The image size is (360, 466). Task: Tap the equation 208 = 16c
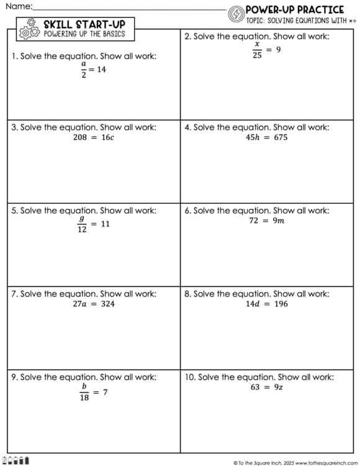pyautogui.click(x=93, y=137)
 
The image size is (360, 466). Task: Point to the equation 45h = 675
pyautogui.click(x=266, y=137)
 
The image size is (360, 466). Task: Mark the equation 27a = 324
pyautogui.click(x=94, y=304)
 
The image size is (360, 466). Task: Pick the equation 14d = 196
pyautogui.click(x=266, y=304)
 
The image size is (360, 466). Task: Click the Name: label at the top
pyautogui.click(x=18, y=6)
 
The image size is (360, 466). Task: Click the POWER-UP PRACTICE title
pyautogui.click(x=295, y=9)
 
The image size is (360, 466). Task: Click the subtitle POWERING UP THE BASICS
pyautogui.click(x=84, y=34)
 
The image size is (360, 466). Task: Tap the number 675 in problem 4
pyautogui.click(x=281, y=137)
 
